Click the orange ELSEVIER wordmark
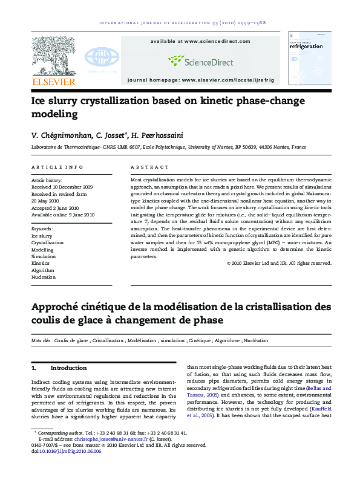point(53,82)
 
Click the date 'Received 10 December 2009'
point(62,187)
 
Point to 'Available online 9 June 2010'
point(63,215)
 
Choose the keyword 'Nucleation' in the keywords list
point(43,277)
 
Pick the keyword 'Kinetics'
point(41,264)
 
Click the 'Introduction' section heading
point(68,368)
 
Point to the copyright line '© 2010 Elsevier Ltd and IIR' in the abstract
point(279,263)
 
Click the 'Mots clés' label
point(41,342)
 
